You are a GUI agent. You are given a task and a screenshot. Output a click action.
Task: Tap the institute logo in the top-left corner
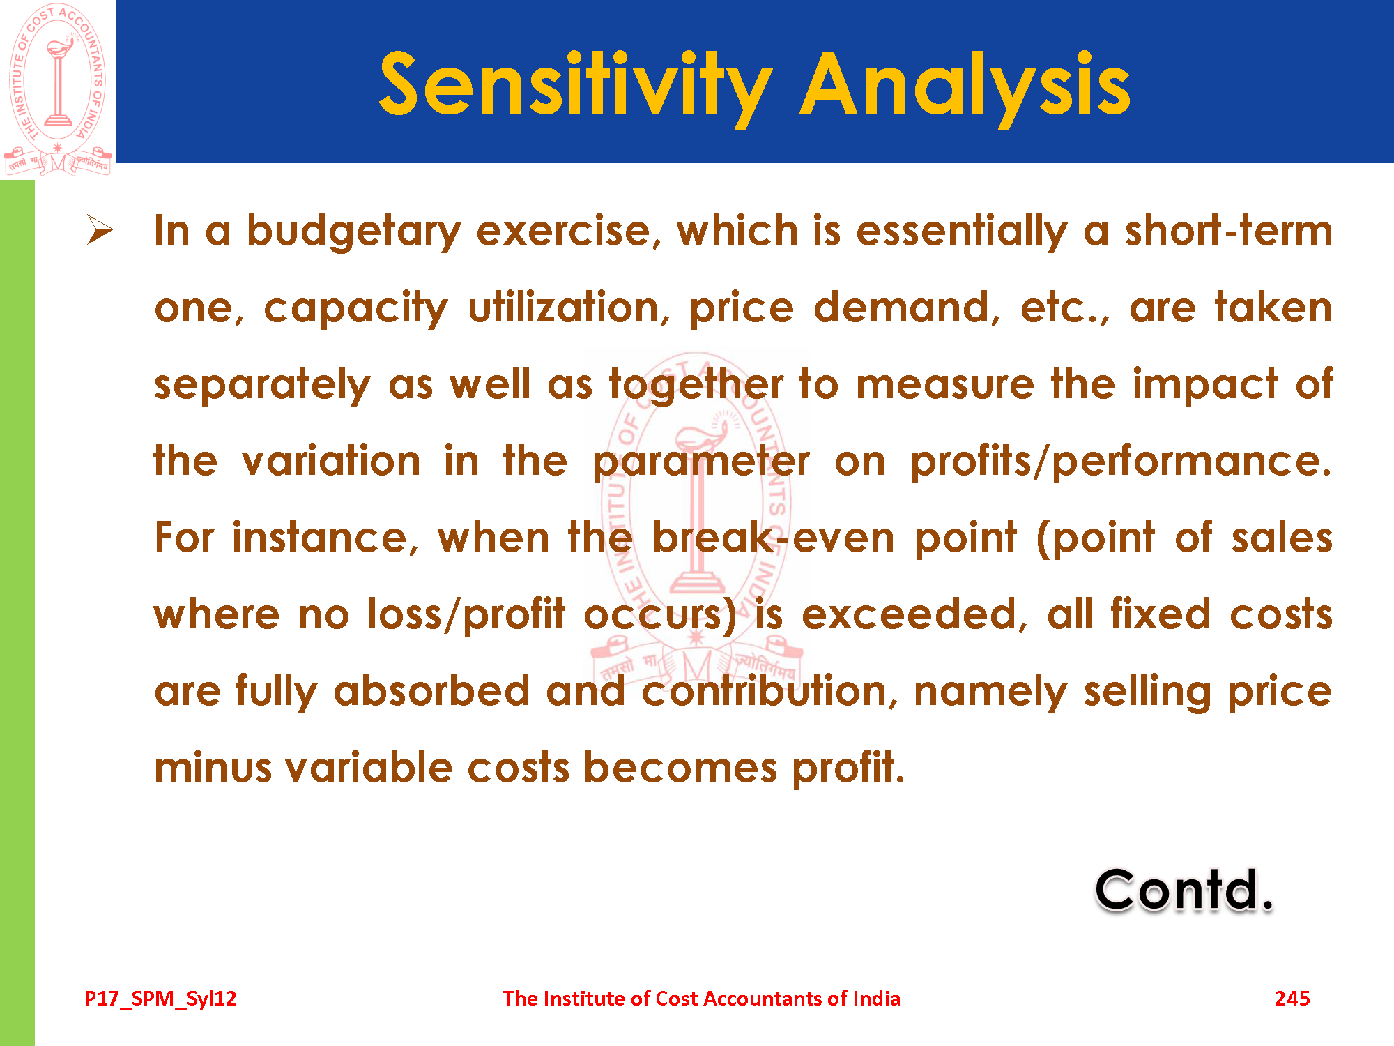[x=58, y=89]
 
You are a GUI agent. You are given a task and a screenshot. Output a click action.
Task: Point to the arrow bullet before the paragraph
[x=100, y=230]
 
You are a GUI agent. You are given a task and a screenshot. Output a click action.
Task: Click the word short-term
[x=1228, y=230]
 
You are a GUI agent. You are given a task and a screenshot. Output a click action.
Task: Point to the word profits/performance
[x=1121, y=461]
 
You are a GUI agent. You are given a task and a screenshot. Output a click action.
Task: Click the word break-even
[x=773, y=538]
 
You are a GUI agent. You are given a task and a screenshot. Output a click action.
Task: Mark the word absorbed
[x=432, y=691]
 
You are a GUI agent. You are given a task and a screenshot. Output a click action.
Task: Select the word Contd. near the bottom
[x=1184, y=890]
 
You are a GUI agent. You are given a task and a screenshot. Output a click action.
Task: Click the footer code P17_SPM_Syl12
[x=160, y=999]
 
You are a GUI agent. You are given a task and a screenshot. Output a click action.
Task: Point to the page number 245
[x=1292, y=999]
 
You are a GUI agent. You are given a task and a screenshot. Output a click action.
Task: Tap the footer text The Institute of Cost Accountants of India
[x=702, y=999]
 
